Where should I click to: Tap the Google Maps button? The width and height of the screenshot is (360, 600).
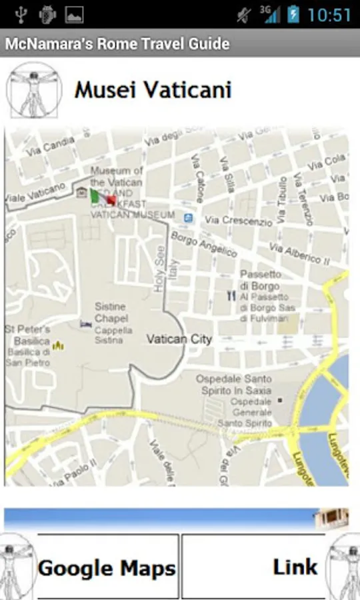[x=107, y=568]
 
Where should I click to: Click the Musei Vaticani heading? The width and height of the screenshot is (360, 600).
[x=153, y=90]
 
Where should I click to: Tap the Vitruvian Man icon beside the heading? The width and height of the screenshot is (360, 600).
[x=33, y=90]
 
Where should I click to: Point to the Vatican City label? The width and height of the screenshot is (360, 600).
[x=179, y=339]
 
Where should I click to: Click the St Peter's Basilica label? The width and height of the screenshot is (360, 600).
[x=27, y=335]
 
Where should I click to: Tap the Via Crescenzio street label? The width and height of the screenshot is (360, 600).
[x=239, y=221]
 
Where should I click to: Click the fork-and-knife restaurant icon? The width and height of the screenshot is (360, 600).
[x=231, y=295]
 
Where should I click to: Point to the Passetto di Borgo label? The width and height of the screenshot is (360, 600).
[x=261, y=280]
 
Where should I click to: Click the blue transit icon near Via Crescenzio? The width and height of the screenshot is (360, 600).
[x=189, y=217]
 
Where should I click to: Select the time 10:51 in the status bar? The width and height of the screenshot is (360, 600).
[x=329, y=15]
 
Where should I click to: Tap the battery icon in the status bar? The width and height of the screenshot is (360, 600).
[x=293, y=15]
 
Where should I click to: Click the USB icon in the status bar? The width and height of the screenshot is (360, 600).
[x=19, y=15]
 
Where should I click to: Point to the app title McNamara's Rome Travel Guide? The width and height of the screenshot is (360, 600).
[x=117, y=44]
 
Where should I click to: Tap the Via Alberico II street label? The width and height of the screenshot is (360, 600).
[x=299, y=253]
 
